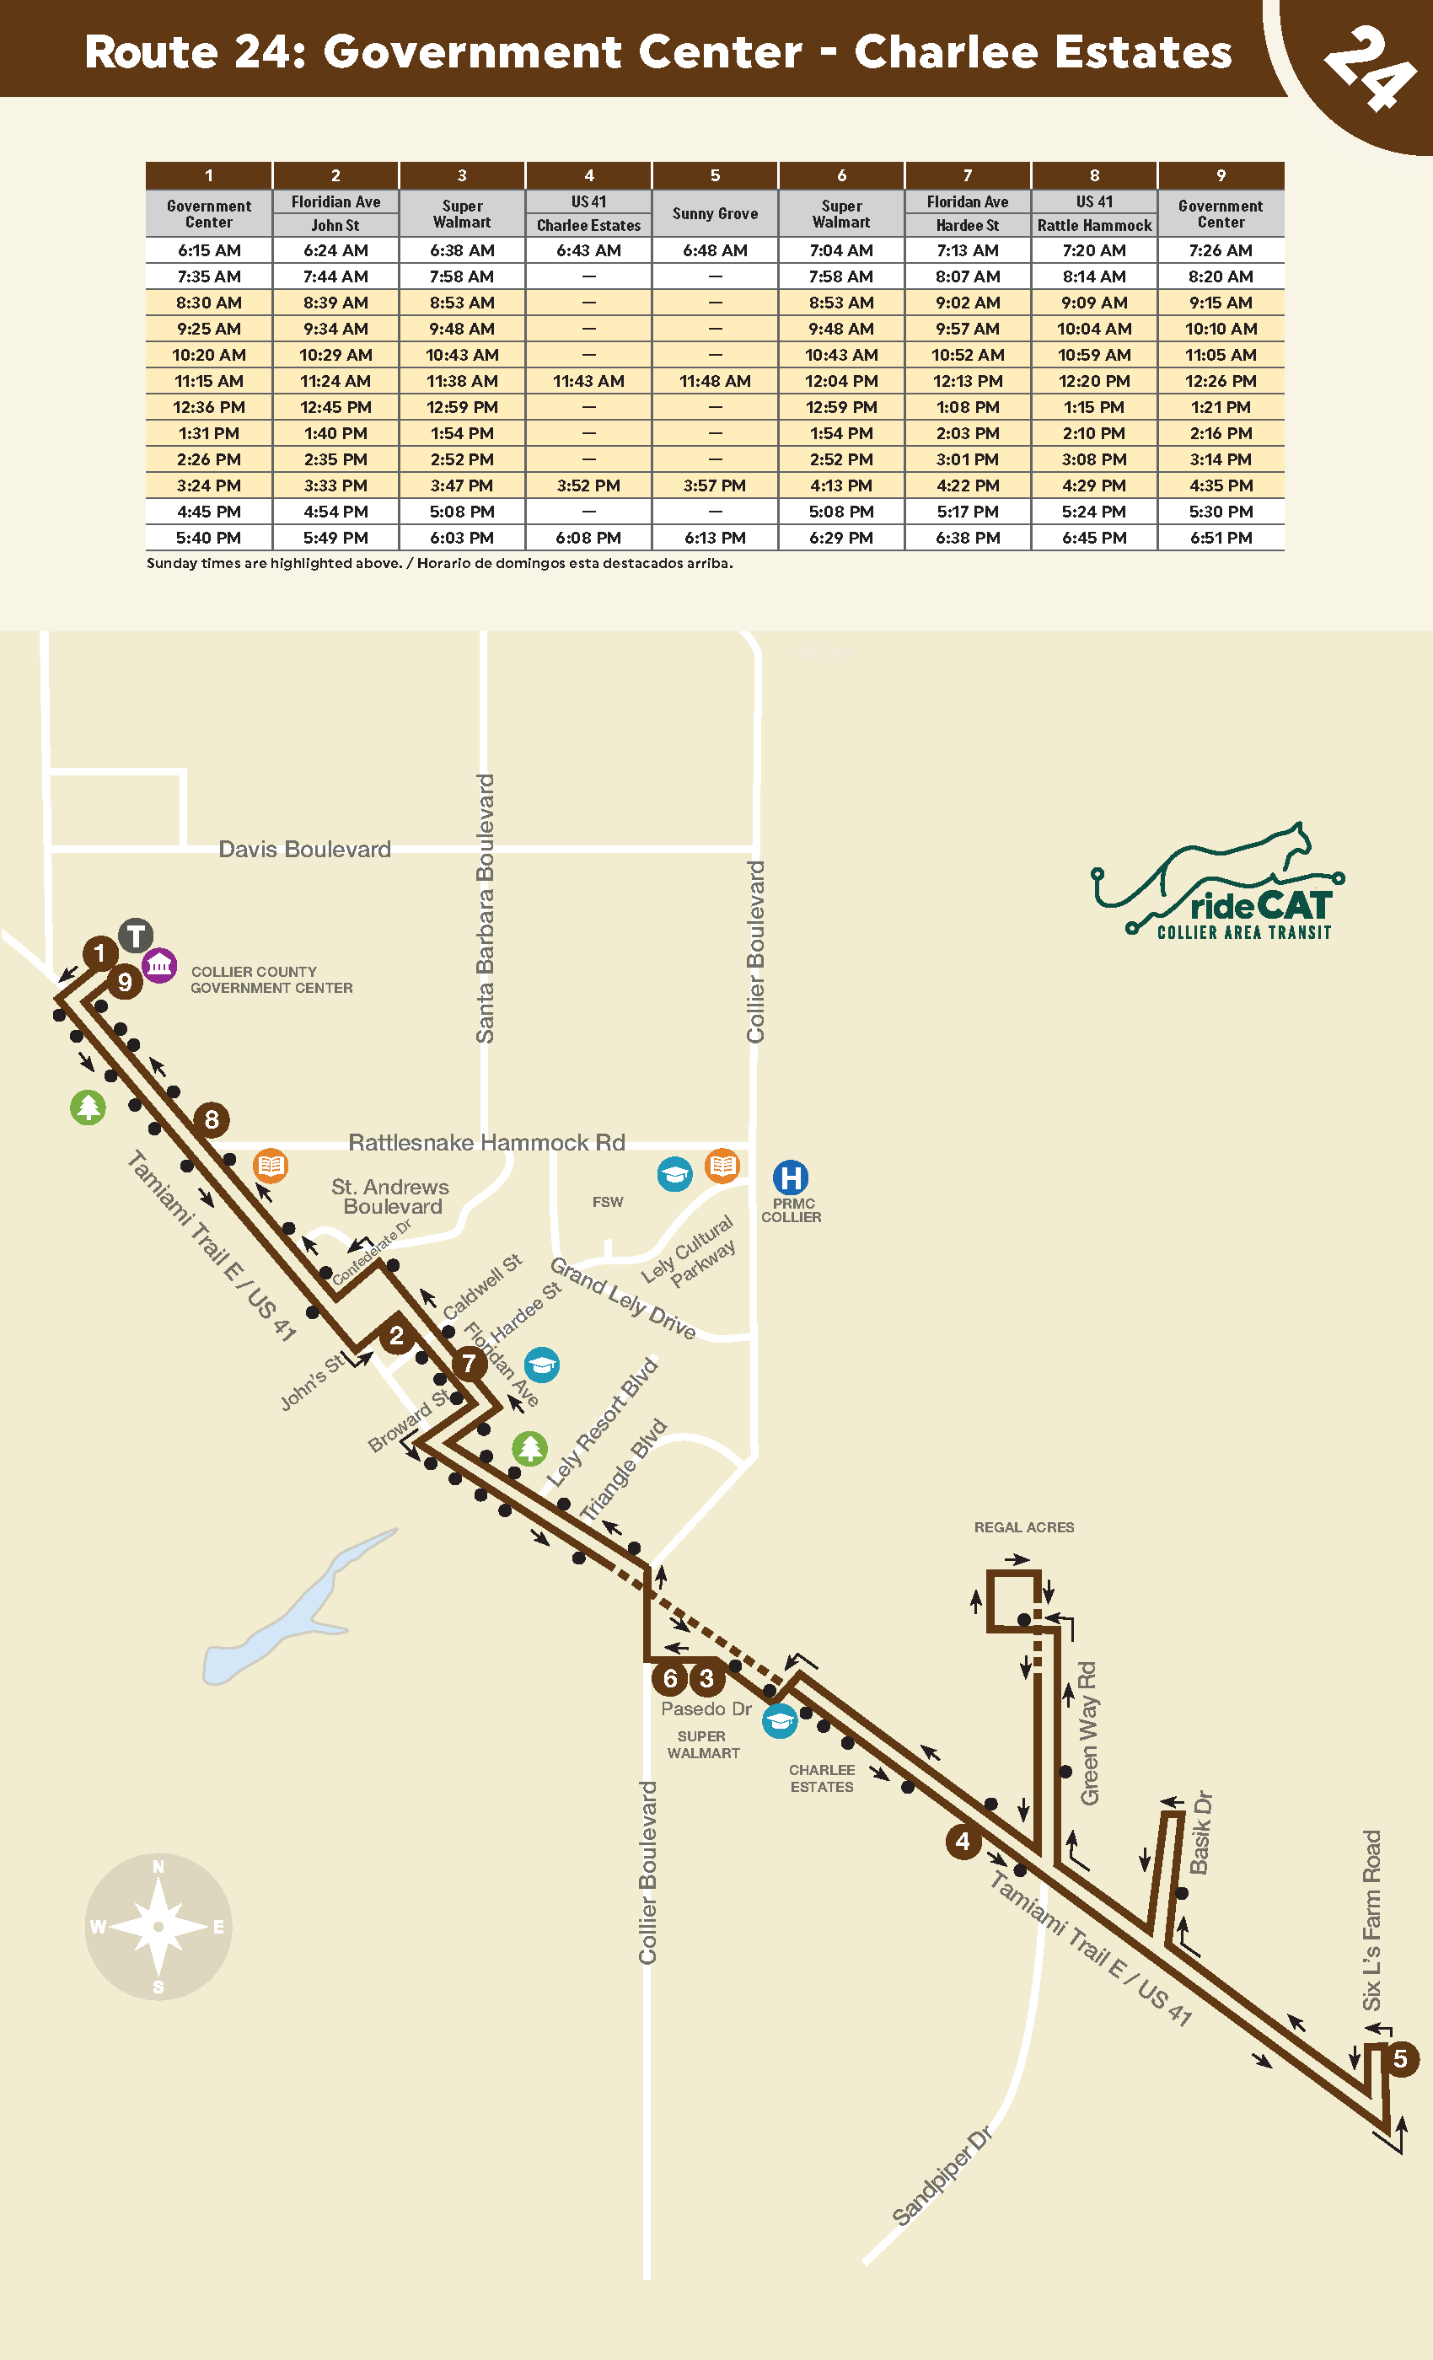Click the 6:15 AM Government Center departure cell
pyautogui.click(x=209, y=250)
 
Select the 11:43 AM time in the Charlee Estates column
pyautogui.click(x=588, y=381)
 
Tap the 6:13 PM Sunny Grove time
pyautogui.click(x=715, y=539)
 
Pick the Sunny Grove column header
pyautogui.click(x=715, y=213)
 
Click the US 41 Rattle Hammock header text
pyautogui.click(x=1094, y=213)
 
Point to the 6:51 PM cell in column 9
pyautogui.click(x=1221, y=539)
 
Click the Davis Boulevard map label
pyautogui.click(x=304, y=850)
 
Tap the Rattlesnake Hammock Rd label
pyautogui.click(x=486, y=1143)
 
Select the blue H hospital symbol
pyautogui.click(x=791, y=1177)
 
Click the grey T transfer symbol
pyautogui.click(x=136, y=935)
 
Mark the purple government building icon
pyautogui.click(x=159, y=964)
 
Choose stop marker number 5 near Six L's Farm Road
pyautogui.click(x=1400, y=2058)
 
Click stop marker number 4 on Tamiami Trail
pyautogui.click(x=963, y=1841)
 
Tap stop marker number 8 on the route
pyautogui.click(x=212, y=1118)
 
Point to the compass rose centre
pyautogui.click(x=158, y=1926)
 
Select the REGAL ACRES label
pyautogui.click(x=1024, y=1527)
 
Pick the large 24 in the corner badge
pyautogui.click(x=1370, y=67)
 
